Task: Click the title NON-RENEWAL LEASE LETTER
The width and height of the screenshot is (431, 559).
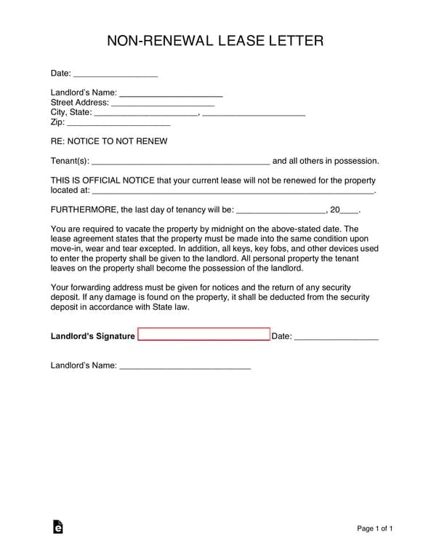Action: click(x=215, y=41)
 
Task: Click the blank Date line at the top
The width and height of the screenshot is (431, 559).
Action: click(x=116, y=74)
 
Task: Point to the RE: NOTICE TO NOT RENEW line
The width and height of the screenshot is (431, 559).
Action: click(x=109, y=141)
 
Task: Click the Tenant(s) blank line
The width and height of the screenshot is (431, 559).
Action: click(x=181, y=162)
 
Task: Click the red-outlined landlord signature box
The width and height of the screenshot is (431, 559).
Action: click(x=204, y=335)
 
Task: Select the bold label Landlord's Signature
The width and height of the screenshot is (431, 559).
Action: click(x=92, y=336)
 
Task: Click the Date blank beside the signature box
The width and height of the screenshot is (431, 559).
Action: click(x=337, y=337)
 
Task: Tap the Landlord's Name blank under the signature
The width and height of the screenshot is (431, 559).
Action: click(x=185, y=366)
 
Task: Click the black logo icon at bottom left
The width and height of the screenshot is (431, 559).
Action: click(x=57, y=528)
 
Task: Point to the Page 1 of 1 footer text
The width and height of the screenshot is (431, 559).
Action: click(x=375, y=528)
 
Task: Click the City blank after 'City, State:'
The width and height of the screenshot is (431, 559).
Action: click(x=145, y=114)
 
